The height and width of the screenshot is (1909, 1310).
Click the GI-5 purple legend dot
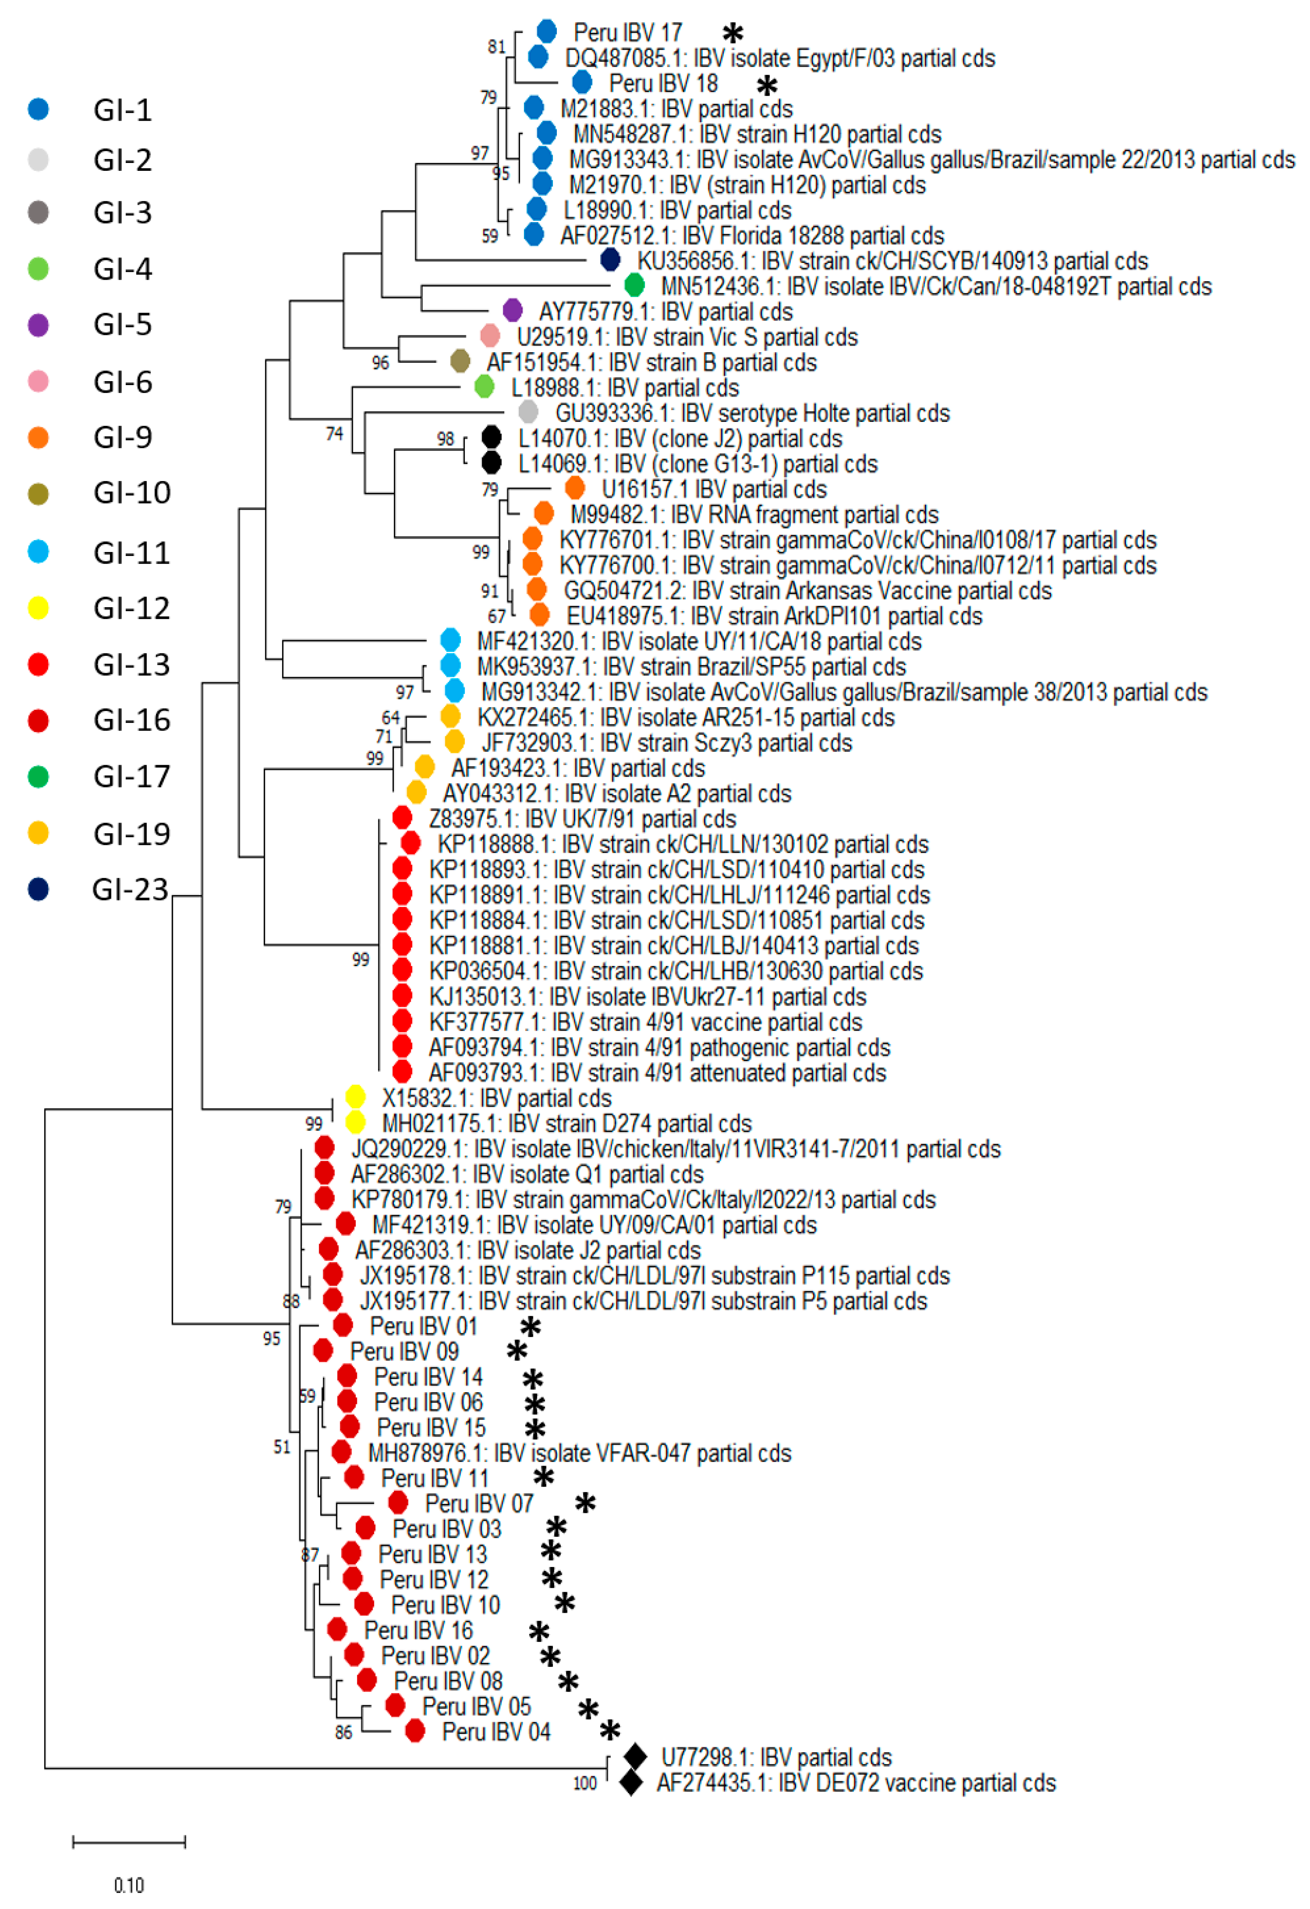pyautogui.click(x=38, y=325)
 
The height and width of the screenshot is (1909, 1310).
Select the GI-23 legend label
pyautogui.click(x=130, y=890)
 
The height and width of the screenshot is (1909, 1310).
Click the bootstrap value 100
pyautogui.click(x=584, y=1783)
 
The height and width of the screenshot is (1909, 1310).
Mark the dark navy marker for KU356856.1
pyautogui.click(x=610, y=261)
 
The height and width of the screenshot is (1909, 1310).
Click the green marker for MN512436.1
pyautogui.click(x=634, y=286)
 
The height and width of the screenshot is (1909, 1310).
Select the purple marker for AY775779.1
pyautogui.click(x=512, y=311)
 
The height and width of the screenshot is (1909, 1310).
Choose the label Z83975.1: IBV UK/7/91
pyautogui.click(x=582, y=819)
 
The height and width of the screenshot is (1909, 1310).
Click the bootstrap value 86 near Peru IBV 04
pyautogui.click(x=344, y=1732)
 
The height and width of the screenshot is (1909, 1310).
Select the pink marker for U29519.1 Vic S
pyautogui.click(x=490, y=336)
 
